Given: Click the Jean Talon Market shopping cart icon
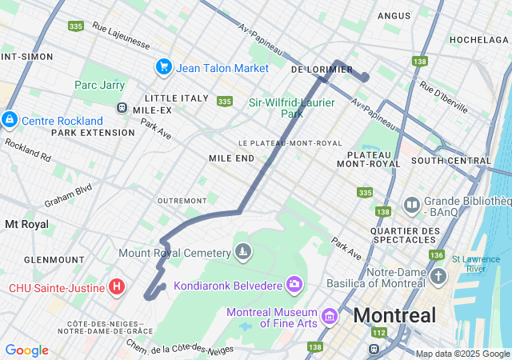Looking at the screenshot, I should pyautogui.click(x=164, y=67).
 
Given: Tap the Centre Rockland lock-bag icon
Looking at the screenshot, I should pyautogui.click(x=9, y=120).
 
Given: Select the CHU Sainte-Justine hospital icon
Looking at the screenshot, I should pyautogui.click(x=117, y=286).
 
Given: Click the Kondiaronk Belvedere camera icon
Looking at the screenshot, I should pyautogui.click(x=294, y=285).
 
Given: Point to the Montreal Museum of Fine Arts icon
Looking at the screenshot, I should pyautogui.click(x=328, y=318).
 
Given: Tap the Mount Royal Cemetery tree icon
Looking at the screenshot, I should pyautogui.click(x=243, y=253).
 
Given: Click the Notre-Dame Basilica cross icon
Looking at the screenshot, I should pyautogui.click(x=438, y=277).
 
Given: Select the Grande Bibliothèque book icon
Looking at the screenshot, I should pyautogui.click(x=412, y=206).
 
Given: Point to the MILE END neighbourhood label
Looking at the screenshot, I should pyautogui.click(x=231, y=158).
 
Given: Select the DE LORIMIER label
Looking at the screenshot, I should pyautogui.click(x=322, y=70).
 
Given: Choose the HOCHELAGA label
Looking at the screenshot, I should pyautogui.click(x=478, y=39).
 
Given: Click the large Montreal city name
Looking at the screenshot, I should pyautogui.click(x=394, y=314).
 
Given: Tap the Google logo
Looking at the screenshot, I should pyautogui.click(x=26, y=350).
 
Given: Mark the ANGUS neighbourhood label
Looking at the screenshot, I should pyautogui.click(x=393, y=15).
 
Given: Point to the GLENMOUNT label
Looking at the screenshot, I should pyautogui.click(x=54, y=260).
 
